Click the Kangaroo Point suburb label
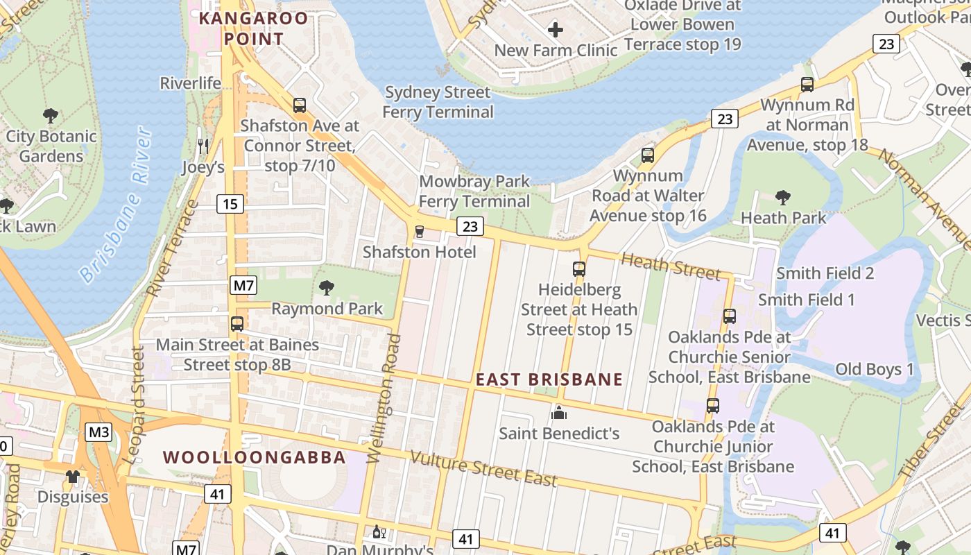pos(253,28)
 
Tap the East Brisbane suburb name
pos(549,379)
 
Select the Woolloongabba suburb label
pos(254,457)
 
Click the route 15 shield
pos(230,204)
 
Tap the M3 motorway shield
pos(98,432)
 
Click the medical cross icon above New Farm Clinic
pos(555,30)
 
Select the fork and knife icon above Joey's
pos(203,146)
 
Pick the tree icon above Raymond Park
pos(326,288)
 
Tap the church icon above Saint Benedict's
pos(559,413)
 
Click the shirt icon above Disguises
pos(73,476)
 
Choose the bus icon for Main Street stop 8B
pos(237,324)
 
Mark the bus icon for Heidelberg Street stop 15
pos(578,269)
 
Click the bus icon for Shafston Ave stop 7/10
pos(300,105)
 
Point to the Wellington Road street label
pos(384,398)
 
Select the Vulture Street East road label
pos(483,468)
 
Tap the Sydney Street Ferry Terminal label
pos(438,102)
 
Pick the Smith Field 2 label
pos(825,273)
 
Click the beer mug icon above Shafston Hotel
pos(419,232)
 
